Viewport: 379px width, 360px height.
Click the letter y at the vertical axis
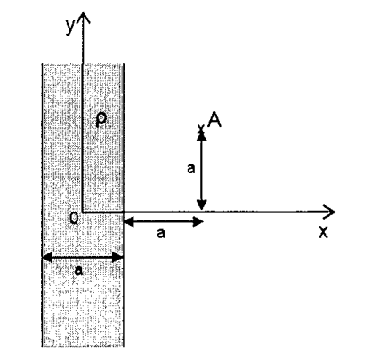pyautogui.click(x=70, y=27)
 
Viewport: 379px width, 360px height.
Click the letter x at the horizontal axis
pyautogui.click(x=324, y=232)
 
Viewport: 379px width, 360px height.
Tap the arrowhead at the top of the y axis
pyautogui.click(x=83, y=18)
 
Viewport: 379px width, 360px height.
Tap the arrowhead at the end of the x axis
pyautogui.click(x=329, y=212)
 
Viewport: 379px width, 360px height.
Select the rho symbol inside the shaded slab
pyautogui.click(x=101, y=120)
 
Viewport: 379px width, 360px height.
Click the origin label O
pyautogui.click(x=74, y=218)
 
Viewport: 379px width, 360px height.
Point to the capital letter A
pyautogui.click(x=214, y=120)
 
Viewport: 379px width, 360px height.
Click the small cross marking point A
pyautogui.click(x=201, y=129)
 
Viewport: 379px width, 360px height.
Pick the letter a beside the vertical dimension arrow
pyautogui.click(x=191, y=169)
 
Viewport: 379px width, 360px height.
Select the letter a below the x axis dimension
pyautogui.click(x=160, y=233)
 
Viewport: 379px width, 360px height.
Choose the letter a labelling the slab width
pyautogui.click(x=78, y=270)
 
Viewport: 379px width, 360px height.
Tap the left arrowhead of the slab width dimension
pyautogui.click(x=47, y=258)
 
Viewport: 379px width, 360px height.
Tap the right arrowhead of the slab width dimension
pyautogui.click(x=117, y=258)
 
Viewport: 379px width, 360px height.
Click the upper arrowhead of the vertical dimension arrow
pyautogui.click(x=202, y=136)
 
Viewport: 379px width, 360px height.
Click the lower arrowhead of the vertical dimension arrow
pyautogui.click(x=202, y=204)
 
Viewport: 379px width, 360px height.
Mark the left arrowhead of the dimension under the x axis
pyautogui.click(x=129, y=221)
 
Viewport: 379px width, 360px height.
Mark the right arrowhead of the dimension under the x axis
pyautogui.click(x=198, y=221)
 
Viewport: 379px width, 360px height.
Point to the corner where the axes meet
pyautogui.click(x=83, y=212)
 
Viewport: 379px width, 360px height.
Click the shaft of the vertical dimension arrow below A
pyautogui.click(x=202, y=171)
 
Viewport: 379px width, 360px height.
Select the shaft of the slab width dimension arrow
pyautogui.click(x=83, y=258)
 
